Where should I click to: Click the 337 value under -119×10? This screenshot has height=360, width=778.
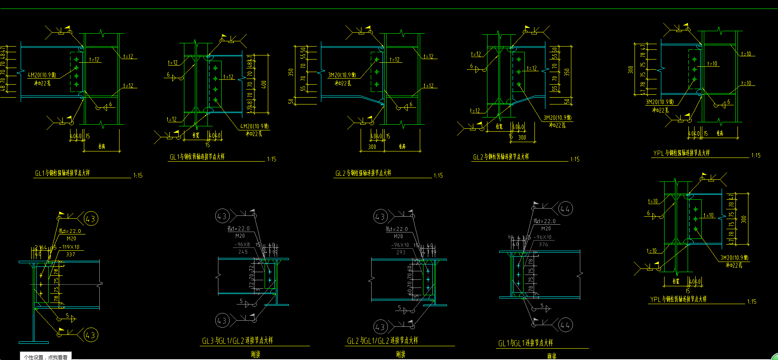coord(71,254)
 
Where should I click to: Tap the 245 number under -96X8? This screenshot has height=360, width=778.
coord(243,252)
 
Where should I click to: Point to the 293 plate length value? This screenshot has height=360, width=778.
coord(401,252)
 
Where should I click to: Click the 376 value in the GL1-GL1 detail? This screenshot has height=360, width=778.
coord(543,245)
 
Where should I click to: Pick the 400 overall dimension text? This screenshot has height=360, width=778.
coord(264,84)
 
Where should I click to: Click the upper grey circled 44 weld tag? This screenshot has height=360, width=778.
coord(565,209)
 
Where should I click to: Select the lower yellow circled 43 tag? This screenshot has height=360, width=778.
coord(90,335)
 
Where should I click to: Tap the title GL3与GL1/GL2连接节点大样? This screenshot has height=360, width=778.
coord(237,341)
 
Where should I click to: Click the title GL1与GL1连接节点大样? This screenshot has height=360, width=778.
coord(526,343)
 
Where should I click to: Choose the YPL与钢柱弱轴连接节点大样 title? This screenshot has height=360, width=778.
coord(678,299)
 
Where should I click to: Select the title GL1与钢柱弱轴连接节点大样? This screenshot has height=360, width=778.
coord(197,157)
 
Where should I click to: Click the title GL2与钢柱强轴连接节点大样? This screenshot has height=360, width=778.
coord(363,173)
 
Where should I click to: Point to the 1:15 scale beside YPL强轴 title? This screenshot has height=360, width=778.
coord(756,156)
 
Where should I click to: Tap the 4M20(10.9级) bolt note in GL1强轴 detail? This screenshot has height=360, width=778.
coord(42,75)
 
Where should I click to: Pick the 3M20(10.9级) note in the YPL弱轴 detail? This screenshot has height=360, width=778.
coord(734,258)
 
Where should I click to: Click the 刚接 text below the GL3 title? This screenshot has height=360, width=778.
coord(256,354)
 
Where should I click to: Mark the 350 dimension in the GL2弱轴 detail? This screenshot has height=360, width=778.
coord(567,72)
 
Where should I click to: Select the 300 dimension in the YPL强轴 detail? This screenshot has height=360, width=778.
coord(631,70)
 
